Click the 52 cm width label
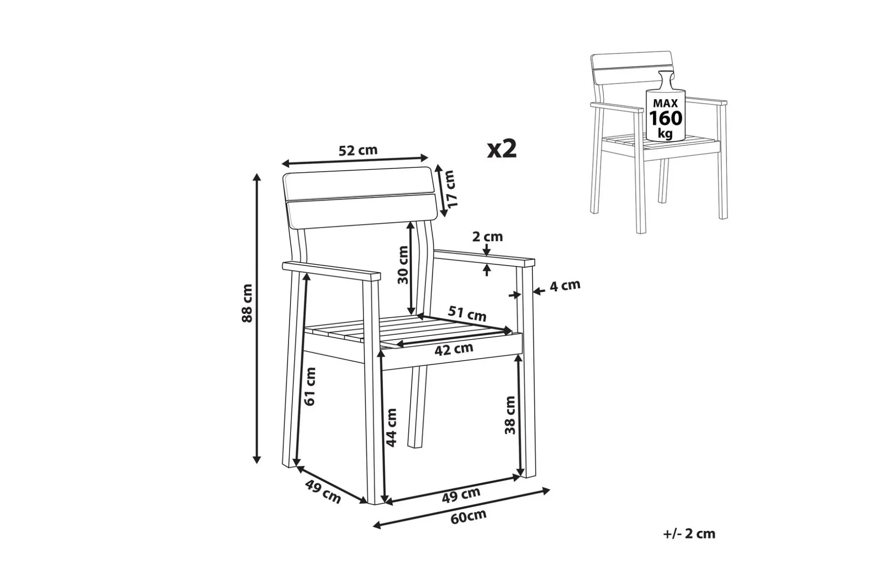[358, 151]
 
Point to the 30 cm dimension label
[403, 265]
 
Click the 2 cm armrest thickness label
[487, 237]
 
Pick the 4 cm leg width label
[565, 285]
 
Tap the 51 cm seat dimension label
[467, 313]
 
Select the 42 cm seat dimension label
[454, 349]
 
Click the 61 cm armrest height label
[310, 386]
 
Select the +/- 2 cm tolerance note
[689, 534]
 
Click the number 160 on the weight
[665, 118]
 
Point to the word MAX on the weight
[665, 103]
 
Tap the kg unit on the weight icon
[665, 134]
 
